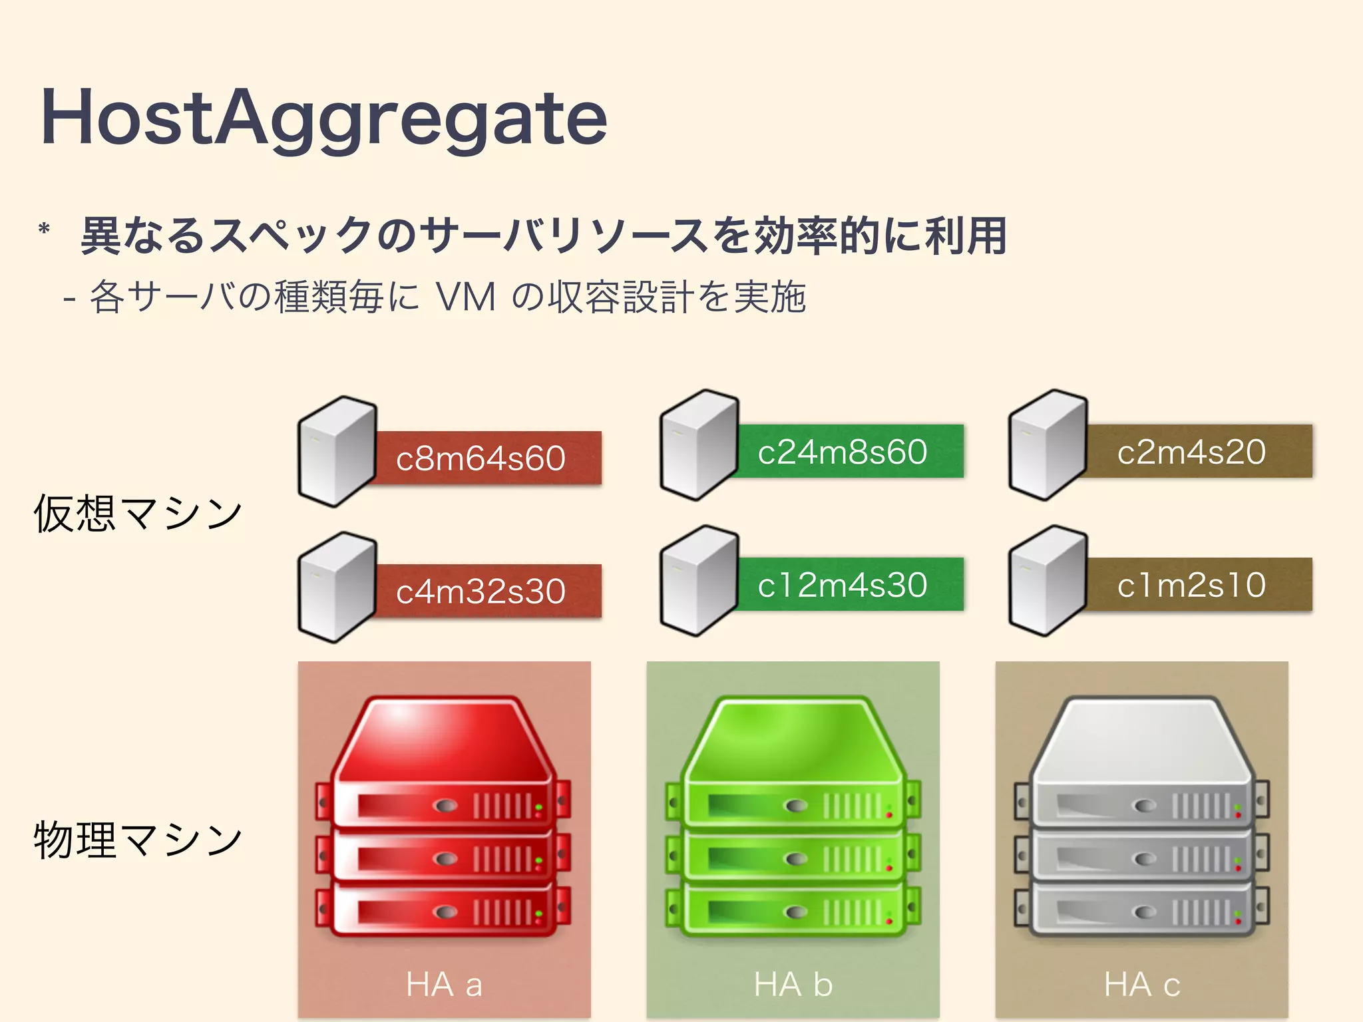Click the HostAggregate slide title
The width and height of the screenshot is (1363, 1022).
(x=324, y=118)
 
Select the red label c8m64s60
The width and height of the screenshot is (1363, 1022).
(x=481, y=458)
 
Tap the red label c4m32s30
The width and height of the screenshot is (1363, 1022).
(x=481, y=591)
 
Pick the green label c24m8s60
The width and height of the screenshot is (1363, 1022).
(x=843, y=451)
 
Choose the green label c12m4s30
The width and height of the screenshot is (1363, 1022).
(x=843, y=584)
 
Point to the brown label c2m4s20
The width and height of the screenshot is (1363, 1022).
(x=1191, y=451)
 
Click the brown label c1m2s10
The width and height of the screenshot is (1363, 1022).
(x=1191, y=584)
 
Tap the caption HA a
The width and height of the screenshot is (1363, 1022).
(x=444, y=984)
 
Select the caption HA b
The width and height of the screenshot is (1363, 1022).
(x=793, y=984)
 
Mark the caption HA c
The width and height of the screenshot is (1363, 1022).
(x=1142, y=984)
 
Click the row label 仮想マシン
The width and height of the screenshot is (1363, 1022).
(x=138, y=514)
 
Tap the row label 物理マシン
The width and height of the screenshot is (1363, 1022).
(x=138, y=840)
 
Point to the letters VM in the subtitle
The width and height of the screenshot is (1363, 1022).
(x=466, y=297)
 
